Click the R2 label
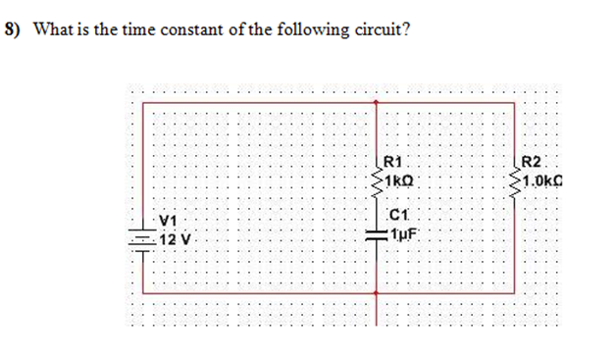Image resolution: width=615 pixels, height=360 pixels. (531, 163)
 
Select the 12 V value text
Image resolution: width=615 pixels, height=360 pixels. (177, 239)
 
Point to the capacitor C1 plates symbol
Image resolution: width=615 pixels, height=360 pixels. (378, 233)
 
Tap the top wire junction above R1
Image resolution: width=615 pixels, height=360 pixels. (378, 101)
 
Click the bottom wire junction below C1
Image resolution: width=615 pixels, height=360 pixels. (378, 291)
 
